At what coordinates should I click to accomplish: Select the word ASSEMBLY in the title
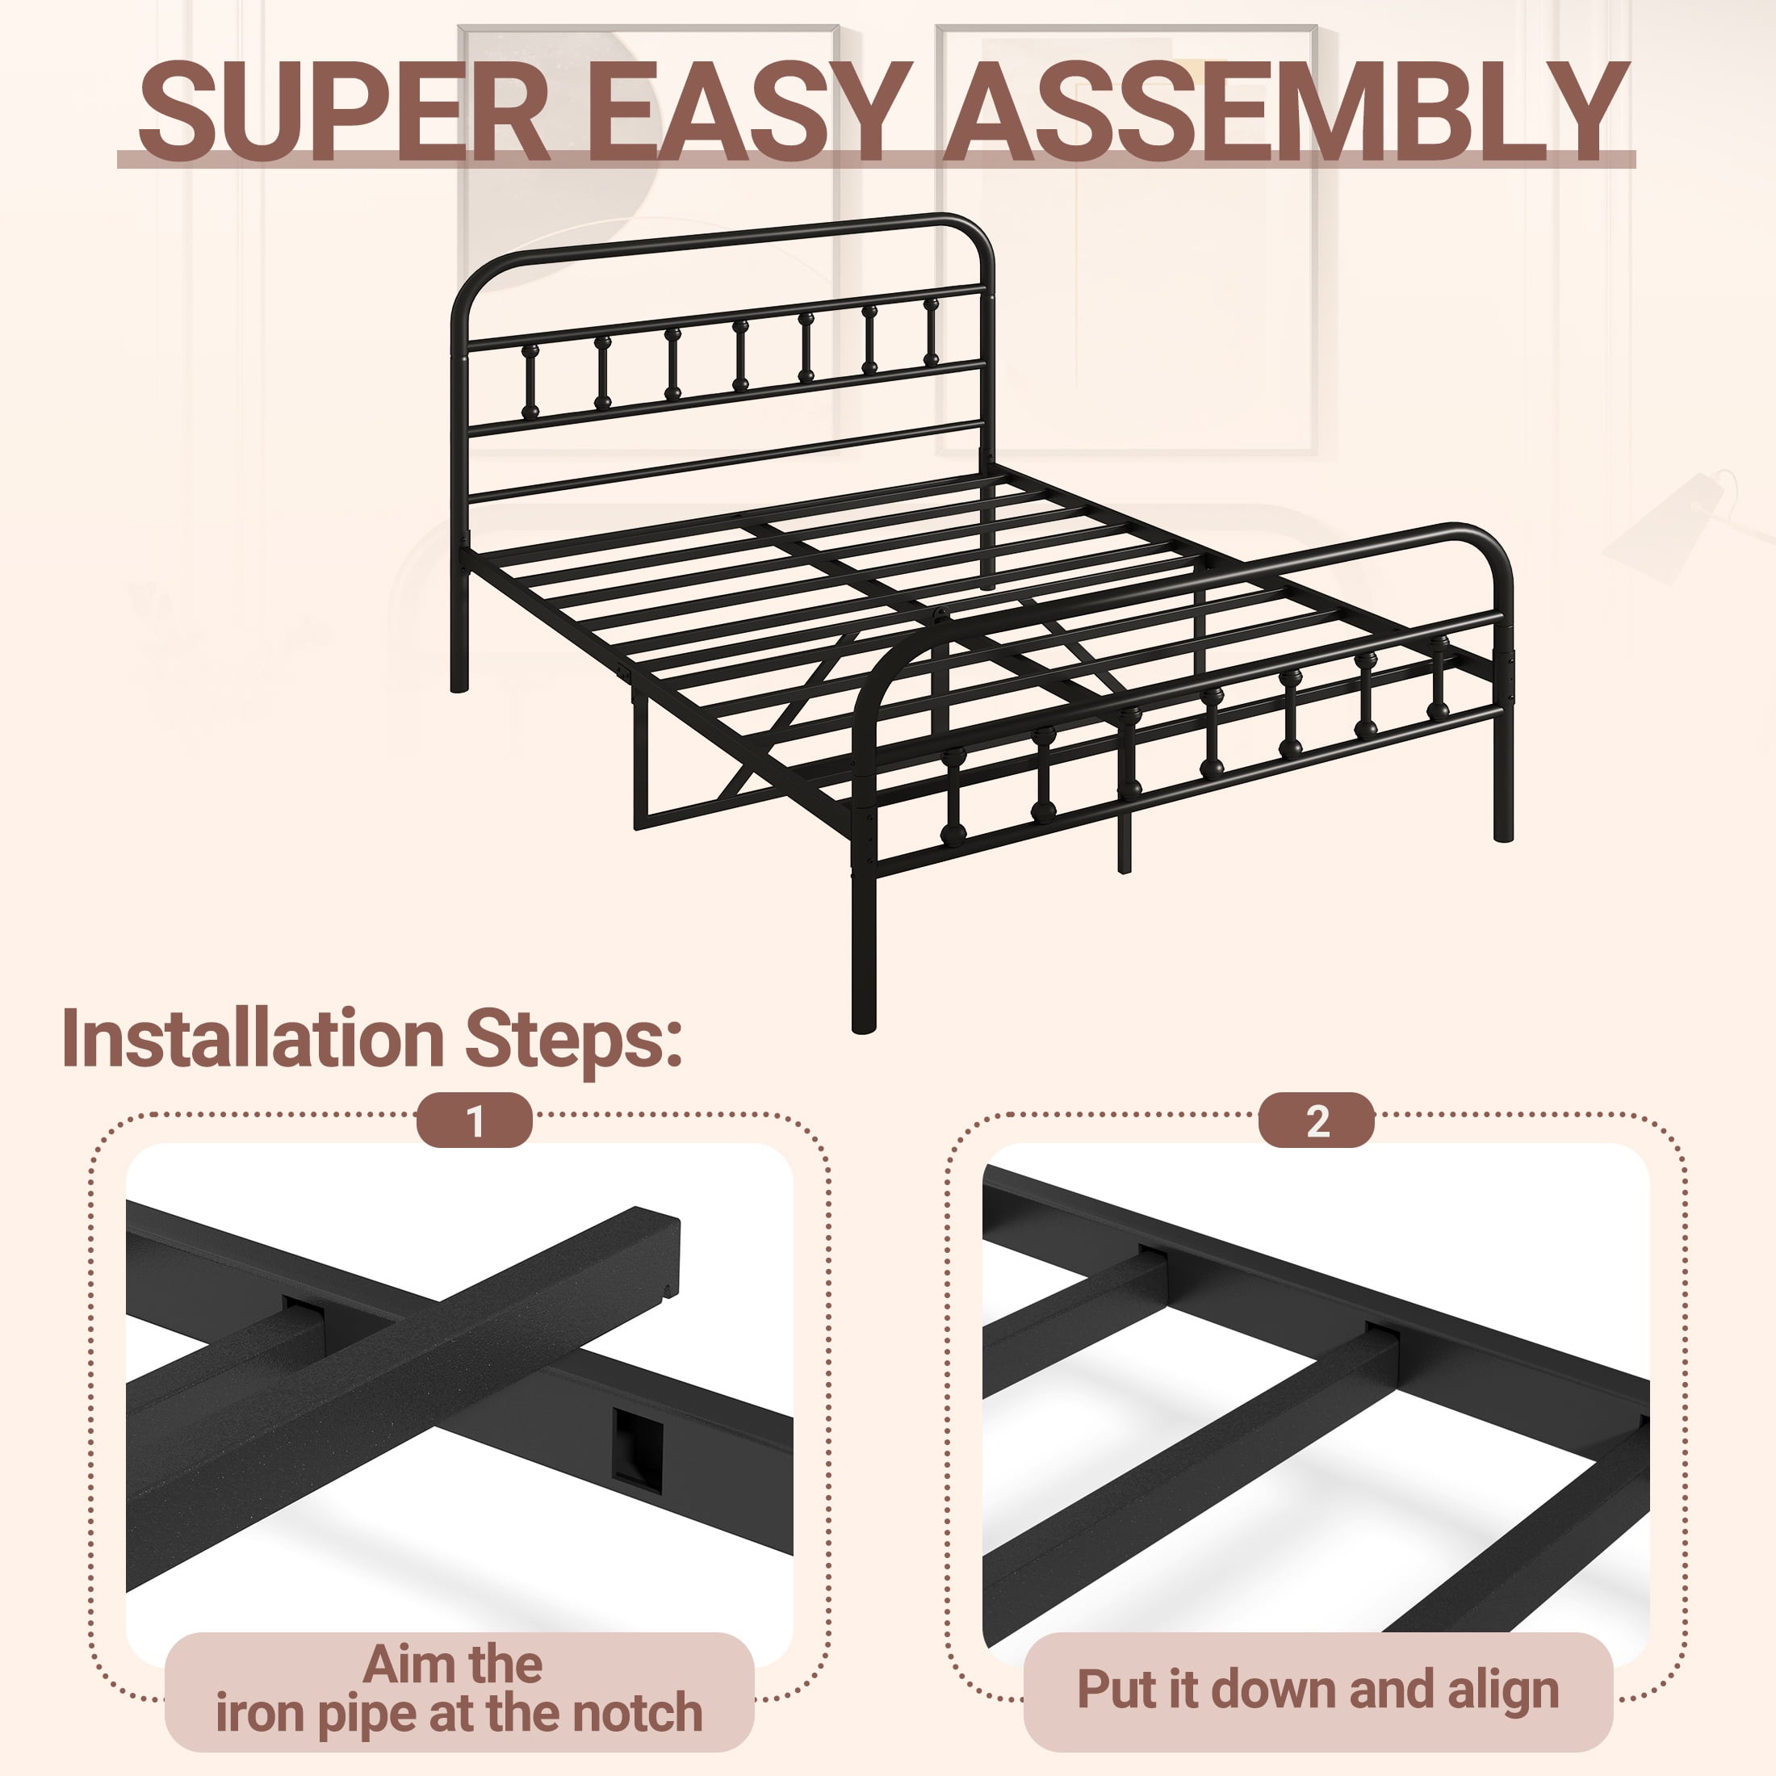pos(1287,112)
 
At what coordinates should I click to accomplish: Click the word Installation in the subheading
pos(253,1038)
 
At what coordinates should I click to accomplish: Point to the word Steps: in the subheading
pos(574,1042)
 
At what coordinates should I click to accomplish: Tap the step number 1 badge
pos(475,1120)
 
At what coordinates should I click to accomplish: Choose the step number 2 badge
pos(1317,1120)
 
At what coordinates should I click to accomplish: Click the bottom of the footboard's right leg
pos(1503,834)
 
